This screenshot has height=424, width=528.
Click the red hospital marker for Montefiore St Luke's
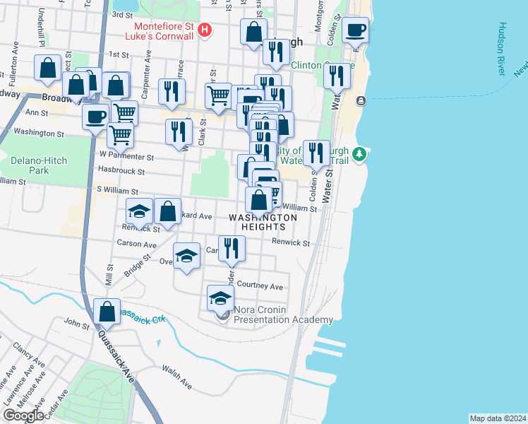205,30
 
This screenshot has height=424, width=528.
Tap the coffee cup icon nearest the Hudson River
356,31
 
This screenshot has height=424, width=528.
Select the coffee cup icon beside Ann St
95,117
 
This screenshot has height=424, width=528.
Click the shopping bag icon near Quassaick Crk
107,310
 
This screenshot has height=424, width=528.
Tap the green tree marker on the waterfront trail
359,153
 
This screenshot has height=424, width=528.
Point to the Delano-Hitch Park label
39,165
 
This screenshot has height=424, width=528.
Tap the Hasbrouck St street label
121,171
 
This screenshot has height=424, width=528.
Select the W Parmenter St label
126,155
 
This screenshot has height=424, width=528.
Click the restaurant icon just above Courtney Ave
232,247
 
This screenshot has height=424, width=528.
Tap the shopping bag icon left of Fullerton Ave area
48,68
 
